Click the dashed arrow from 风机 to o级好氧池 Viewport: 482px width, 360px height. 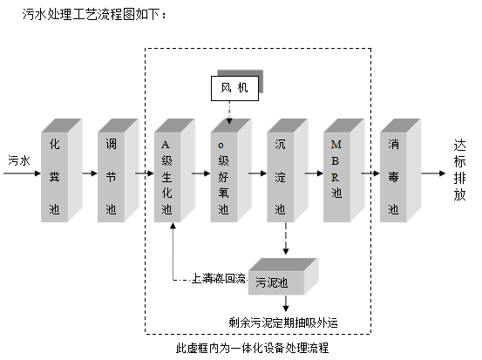(228, 110)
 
